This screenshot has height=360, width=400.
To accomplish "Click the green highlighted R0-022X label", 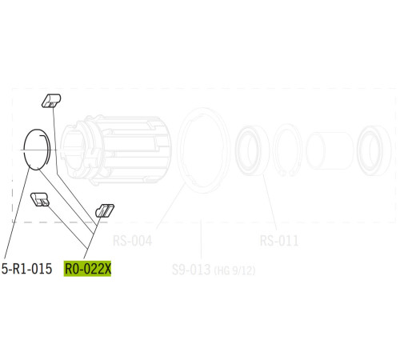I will pyautogui.click(x=87, y=270).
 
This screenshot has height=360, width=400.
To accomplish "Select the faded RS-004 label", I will pyautogui.click(x=132, y=240).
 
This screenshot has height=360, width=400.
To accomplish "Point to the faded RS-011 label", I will pyautogui.click(x=279, y=240).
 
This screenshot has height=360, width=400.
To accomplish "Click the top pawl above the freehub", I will pyautogui.click(x=50, y=100).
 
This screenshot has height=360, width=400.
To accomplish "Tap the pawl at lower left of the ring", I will pyautogui.click(x=40, y=198).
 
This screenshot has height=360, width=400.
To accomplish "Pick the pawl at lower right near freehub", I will pyautogui.click(x=105, y=210).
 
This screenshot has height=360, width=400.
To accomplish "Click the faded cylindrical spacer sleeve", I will pyautogui.click(x=329, y=149).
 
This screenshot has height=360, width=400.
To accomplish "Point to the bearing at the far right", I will pyautogui.click(x=373, y=149).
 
